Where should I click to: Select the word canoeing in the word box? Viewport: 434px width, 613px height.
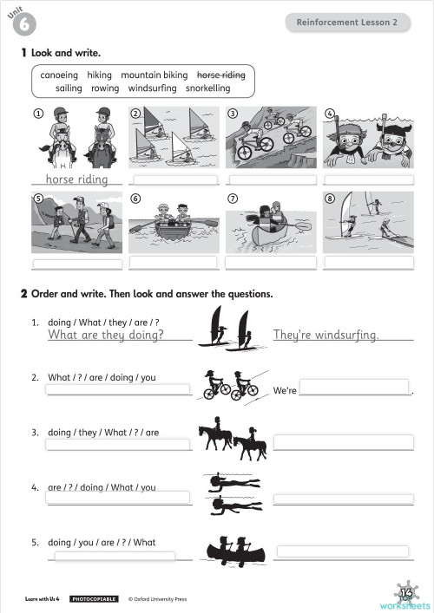coord(59,75)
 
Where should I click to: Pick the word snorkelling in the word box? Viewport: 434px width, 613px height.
coord(208,88)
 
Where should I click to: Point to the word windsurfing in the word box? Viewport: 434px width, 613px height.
coord(153,88)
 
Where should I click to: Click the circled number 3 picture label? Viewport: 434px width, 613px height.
coord(233,114)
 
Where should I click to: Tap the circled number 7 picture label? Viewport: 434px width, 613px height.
coord(233,199)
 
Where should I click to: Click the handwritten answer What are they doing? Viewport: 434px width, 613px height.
coord(106,335)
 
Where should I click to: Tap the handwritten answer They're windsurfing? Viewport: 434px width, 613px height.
coord(325,335)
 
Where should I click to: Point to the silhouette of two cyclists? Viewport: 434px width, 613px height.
coord(231,385)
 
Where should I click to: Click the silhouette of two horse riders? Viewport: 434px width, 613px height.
coord(232,441)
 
